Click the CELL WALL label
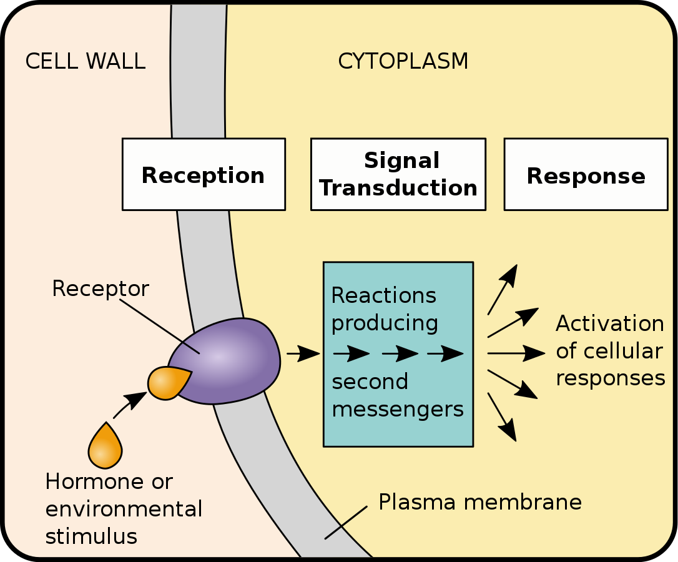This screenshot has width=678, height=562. [85, 61]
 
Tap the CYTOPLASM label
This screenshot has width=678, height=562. [403, 61]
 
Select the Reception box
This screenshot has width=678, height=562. [204, 174]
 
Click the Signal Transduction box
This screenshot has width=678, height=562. [398, 174]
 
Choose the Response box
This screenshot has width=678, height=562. [586, 175]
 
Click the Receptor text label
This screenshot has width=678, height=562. [101, 288]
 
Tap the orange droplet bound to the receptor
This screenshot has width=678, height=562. [167, 383]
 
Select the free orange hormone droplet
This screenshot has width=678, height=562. [105, 446]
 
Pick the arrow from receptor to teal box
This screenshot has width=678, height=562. [303, 353]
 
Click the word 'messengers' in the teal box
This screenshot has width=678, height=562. [398, 409]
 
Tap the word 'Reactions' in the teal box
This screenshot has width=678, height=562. [383, 295]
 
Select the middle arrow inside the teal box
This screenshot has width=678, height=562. [400, 354]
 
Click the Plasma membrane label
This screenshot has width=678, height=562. [479, 502]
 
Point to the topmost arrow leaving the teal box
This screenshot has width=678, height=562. [503, 288]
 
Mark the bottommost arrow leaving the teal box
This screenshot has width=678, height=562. [503, 417]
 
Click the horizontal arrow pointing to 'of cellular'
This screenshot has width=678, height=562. [516, 353]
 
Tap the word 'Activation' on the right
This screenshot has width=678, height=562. [609, 323]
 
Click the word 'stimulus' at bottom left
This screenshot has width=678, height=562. [91, 536]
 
